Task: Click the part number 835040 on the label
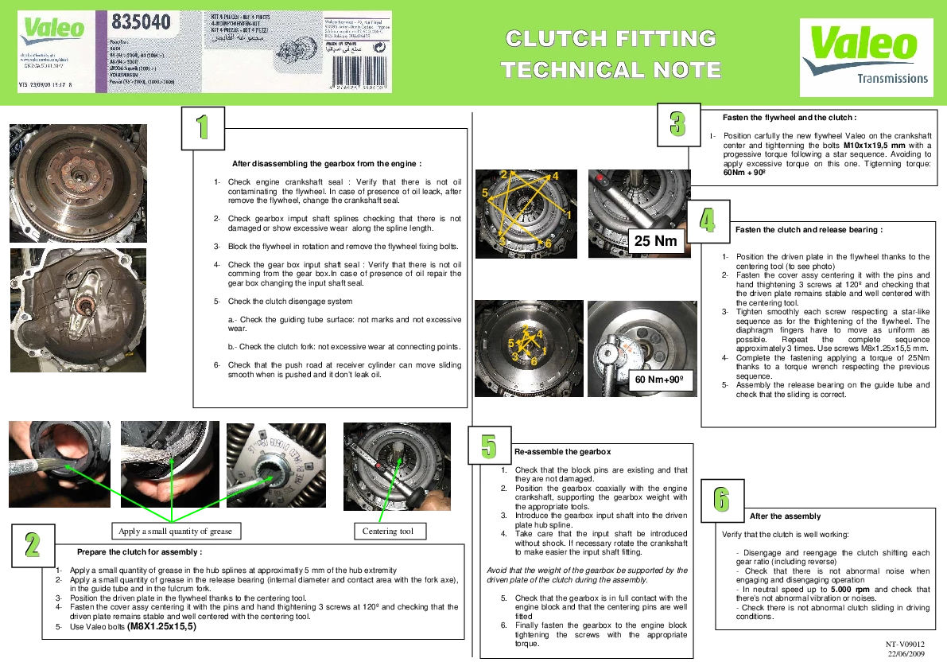(x=142, y=22)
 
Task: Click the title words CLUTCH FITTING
(x=611, y=38)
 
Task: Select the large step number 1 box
(x=203, y=127)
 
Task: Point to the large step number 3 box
(x=677, y=123)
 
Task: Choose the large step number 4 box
(x=707, y=220)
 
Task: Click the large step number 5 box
(x=489, y=445)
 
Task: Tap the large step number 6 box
(x=721, y=500)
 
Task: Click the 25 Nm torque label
(x=656, y=241)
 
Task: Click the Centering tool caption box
(x=388, y=531)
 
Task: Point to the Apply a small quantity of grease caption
(x=175, y=531)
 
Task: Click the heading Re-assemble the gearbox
(x=562, y=452)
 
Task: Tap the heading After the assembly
(x=785, y=516)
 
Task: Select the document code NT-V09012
(x=906, y=644)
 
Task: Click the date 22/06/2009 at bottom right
(x=906, y=653)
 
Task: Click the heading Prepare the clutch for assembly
(x=139, y=551)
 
